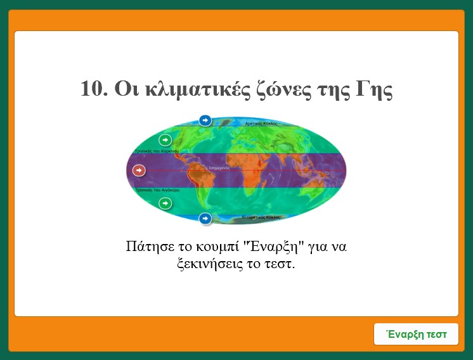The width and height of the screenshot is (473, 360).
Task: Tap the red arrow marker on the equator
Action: (139, 170)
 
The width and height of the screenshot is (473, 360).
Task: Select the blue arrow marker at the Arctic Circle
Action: (205, 120)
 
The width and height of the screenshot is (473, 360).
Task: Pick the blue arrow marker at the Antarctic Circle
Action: (205, 219)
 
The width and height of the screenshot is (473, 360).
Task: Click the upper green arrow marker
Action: (165, 139)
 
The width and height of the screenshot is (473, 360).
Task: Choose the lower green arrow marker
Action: (165, 203)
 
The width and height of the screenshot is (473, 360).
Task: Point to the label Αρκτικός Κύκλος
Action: (261, 124)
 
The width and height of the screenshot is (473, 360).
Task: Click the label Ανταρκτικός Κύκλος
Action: (261, 217)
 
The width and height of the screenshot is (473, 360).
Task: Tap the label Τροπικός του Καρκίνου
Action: (157, 151)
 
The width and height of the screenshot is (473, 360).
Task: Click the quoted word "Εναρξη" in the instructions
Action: (270, 246)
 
